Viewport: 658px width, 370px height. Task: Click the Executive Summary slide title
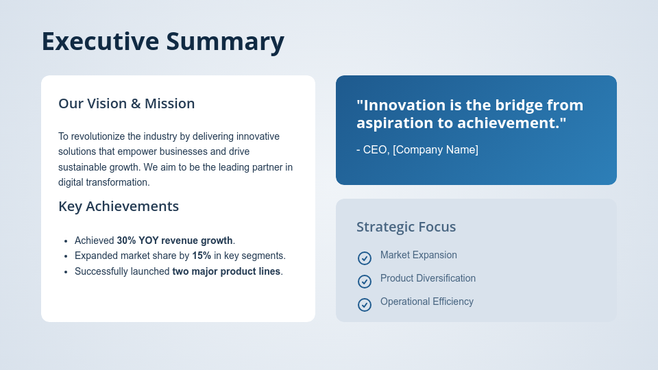click(162, 42)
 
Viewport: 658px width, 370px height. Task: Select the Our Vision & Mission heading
click(126, 103)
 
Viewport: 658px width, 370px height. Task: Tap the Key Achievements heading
click(119, 206)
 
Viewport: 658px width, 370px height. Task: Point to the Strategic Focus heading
click(406, 227)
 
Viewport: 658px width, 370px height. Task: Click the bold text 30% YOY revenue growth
click(174, 241)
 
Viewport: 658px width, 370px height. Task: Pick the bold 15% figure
click(202, 256)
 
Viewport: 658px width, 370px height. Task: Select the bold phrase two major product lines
click(226, 271)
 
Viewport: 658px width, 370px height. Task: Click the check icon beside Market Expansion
click(365, 258)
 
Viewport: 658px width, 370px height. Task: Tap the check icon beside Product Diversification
click(365, 282)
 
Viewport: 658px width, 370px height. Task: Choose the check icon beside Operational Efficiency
click(365, 305)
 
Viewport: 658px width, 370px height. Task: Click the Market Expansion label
click(418, 255)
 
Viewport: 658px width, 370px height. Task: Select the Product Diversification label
click(428, 278)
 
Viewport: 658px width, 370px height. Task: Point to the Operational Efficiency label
click(426, 301)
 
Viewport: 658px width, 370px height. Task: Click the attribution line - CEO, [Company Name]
click(417, 149)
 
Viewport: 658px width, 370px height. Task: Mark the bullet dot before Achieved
click(65, 241)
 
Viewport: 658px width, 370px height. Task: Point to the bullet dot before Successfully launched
click(65, 272)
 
